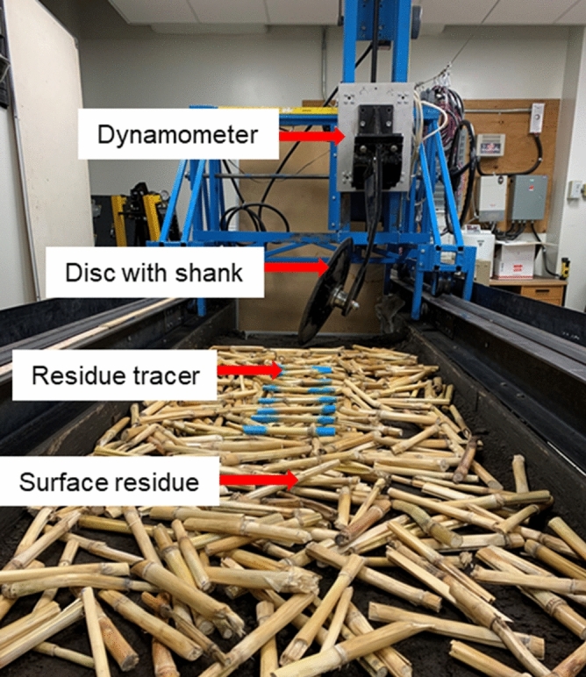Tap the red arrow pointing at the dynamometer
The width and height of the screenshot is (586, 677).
311,136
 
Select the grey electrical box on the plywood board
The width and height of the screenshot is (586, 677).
528,197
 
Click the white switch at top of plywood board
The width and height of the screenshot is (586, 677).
536,117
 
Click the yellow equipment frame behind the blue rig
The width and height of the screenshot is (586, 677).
119,218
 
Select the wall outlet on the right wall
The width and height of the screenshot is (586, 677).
575,189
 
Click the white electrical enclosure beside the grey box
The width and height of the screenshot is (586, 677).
492,198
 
